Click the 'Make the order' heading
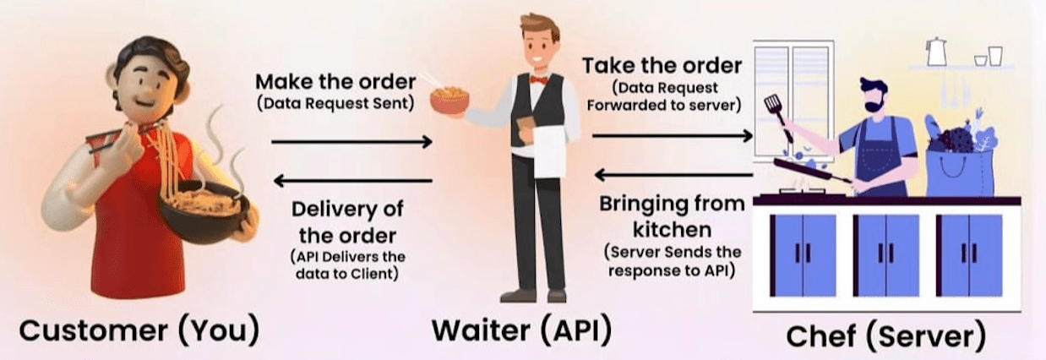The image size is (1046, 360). coord(335,83)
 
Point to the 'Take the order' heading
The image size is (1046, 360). coord(662,65)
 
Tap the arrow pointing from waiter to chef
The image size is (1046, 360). coord(672,134)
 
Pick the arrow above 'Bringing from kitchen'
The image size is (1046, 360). coord(673,175)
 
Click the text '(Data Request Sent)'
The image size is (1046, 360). coord(335,103)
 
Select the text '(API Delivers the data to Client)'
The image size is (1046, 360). coord(347,265)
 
